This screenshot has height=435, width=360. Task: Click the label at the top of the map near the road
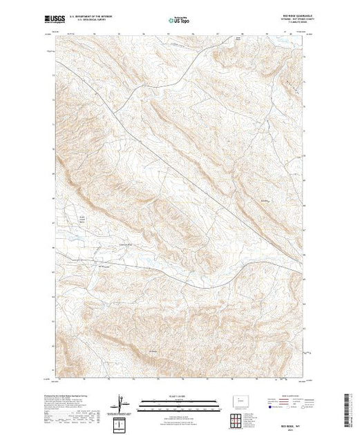click(x=238, y=39)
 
